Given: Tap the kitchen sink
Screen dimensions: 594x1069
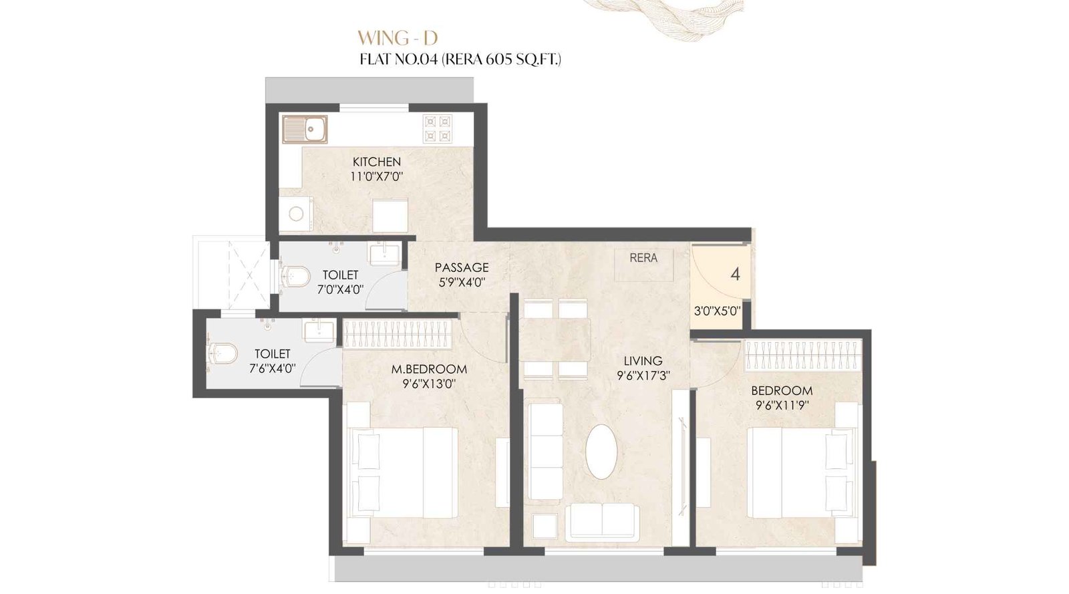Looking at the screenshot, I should pos(305,130).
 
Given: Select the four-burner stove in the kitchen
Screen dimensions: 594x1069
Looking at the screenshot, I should pos(437,129).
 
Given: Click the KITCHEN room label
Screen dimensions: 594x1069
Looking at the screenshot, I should pos(377,162).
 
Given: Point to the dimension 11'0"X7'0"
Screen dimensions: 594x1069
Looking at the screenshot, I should pos(377,177).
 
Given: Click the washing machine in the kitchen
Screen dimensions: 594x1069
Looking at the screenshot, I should pos(296,214).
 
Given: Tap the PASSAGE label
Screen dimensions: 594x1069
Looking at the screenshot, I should pos(462,267).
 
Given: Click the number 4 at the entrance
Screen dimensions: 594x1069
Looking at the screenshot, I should pos(736,274).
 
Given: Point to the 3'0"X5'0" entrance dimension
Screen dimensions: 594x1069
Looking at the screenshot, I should pos(717,311).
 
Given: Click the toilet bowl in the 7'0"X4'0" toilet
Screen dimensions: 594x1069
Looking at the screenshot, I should pos(295,275).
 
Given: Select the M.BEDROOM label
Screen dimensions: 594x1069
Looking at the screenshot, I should pos(429,369).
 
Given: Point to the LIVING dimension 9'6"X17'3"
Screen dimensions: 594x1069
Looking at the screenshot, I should pos(643,376).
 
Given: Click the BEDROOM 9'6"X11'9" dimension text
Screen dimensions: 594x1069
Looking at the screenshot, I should pos(782,406).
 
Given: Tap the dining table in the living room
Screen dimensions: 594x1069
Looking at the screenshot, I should pos(555,340).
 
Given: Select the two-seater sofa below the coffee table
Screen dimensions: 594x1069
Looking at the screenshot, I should pos(602,523).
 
